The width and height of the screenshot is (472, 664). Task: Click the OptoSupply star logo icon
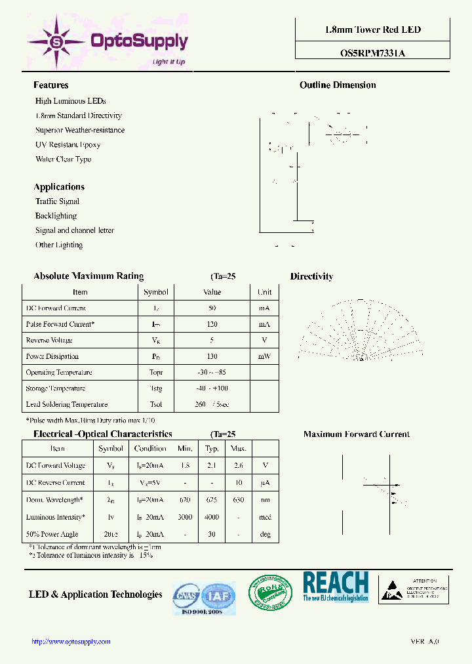point(56,41)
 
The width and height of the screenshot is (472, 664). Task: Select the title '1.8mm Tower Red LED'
point(372,30)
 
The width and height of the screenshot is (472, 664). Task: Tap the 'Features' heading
point(50,85)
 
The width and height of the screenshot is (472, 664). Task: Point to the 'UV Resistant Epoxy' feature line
point(68,144)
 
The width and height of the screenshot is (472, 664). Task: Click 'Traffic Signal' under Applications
point(57,201)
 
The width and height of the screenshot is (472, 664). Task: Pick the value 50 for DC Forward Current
point(212,308)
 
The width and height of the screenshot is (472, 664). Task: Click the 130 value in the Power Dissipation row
point(212,356)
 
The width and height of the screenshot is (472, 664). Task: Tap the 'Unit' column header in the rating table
point(264,292)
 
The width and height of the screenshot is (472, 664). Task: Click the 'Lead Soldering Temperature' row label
point(66,405)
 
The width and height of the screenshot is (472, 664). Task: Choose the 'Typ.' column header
point(212,449)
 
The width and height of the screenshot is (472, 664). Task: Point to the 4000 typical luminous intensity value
point(212,517)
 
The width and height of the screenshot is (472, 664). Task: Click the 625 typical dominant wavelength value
point(212,500)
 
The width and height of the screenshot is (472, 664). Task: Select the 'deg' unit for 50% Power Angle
point(265,534)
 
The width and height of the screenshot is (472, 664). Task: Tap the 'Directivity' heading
point(311,277)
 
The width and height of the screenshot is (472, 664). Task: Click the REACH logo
point(336,586)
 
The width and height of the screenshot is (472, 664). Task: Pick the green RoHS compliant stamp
point(270,594)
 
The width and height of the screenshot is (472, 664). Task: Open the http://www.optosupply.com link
point(71,642)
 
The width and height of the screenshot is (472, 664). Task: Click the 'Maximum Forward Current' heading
point(356,434)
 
